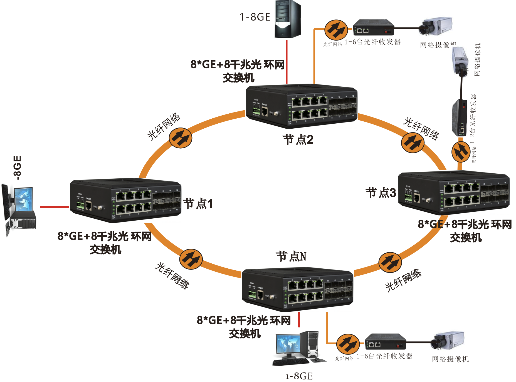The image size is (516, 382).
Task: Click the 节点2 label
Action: click(298, 139)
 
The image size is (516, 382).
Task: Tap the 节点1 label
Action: click(198, 204)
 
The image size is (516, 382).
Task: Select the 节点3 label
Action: click(381, 193)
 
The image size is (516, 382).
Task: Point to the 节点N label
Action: click(291, 256)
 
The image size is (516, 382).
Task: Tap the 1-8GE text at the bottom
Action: click(299, 376)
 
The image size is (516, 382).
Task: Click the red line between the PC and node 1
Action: click(55, 207)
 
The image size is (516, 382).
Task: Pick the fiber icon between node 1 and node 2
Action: click(181, 138)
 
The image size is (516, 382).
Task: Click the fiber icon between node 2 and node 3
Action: click(413, 143)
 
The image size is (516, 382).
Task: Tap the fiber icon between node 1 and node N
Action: click(191, 259)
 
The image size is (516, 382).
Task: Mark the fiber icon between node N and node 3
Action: click(390, 262)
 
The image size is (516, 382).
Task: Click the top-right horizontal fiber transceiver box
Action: click(374, 28)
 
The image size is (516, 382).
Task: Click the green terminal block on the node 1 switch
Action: click(80, 205)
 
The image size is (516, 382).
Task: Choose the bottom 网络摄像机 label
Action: click(450, 359)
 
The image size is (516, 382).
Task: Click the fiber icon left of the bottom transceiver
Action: click(348, 344)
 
